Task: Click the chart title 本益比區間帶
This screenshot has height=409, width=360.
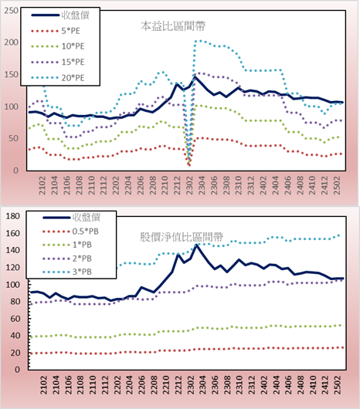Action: tap(173, 26)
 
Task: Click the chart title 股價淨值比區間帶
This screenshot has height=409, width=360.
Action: tap(182, 237)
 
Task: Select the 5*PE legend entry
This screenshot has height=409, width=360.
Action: tap(56, 31)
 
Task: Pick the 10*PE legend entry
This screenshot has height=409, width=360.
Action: tap(58, 46)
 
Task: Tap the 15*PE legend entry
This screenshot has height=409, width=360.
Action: tap(58, 62)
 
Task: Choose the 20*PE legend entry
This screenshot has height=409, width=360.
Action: tap(58, 78)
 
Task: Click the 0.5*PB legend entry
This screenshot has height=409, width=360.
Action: tap(71, 232)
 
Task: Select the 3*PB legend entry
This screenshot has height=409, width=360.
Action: tap(67, 272)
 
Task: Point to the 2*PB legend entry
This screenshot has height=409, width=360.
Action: tap(67, 259)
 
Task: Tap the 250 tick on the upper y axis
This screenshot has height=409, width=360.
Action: tap(12, 11)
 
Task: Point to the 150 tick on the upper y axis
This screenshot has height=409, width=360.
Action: tap(12, 75)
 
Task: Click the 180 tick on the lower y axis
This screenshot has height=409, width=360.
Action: tap(13, 216)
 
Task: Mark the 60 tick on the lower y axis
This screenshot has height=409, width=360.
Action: tap(15, 319)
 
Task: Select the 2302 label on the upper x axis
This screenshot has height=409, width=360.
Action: tap(189, 185)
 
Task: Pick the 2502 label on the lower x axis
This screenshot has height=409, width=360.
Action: tap(338, 385)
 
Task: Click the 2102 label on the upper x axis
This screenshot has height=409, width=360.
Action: tap(42, 185)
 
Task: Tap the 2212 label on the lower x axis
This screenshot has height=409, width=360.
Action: tap(178, 385)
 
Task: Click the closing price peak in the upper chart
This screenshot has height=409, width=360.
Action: tap(195, 77)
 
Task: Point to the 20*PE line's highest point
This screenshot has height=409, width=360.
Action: tap(200, 41)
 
